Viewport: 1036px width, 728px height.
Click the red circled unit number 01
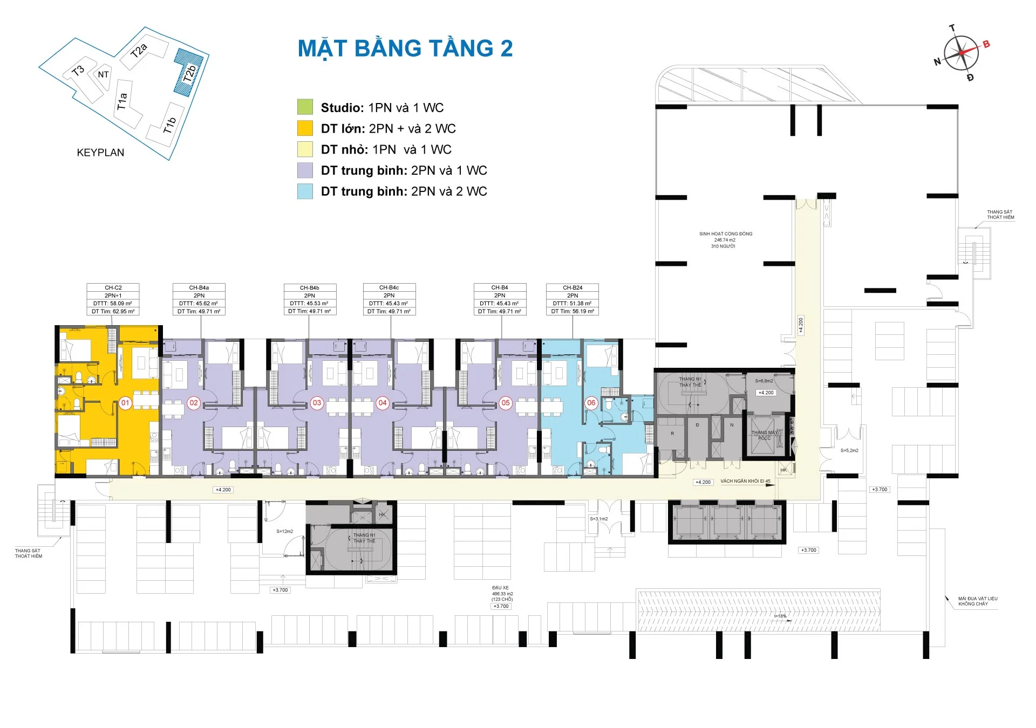pos(125,403)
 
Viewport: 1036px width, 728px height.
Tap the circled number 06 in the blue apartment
pos(591,403)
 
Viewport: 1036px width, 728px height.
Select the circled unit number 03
pos(317,403)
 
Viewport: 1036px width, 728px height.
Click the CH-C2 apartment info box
pos(113,299)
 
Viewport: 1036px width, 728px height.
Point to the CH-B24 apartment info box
pos(572,299)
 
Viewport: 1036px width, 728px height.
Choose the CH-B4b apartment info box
pos(310,299)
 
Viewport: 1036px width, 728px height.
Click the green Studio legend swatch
pos(305,107)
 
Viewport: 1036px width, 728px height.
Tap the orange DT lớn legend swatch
pos(305,128)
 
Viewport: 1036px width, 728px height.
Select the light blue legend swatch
pos(305,191)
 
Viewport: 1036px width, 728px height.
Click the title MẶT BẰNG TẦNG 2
pos(405,49)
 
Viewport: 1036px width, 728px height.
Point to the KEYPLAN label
pos(100,153)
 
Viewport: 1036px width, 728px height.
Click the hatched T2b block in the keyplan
pos(187,72)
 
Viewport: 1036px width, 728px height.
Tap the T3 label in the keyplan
pos(78,71)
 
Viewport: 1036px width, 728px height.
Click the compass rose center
pos(962,53)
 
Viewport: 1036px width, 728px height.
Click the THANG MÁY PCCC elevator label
pos(765,435)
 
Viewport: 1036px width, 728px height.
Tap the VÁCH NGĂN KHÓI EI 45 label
pos(745,481)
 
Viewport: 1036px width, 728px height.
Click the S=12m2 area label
pos(284,531)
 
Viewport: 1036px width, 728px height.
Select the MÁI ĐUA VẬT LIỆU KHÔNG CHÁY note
pos(977,601)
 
